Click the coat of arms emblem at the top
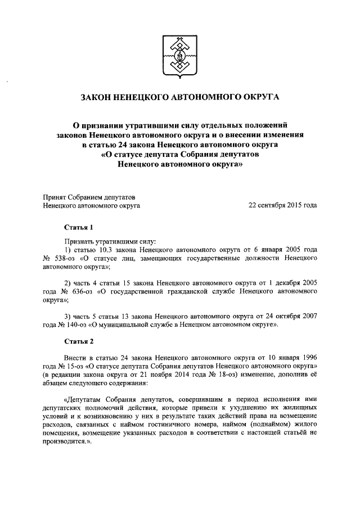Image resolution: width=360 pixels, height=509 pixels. tap(179, 56)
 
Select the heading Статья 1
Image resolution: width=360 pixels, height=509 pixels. tap(76, 228)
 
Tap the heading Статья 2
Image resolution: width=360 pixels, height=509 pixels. tap(76, 341)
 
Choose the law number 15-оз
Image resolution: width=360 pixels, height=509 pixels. tap(70, 366)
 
